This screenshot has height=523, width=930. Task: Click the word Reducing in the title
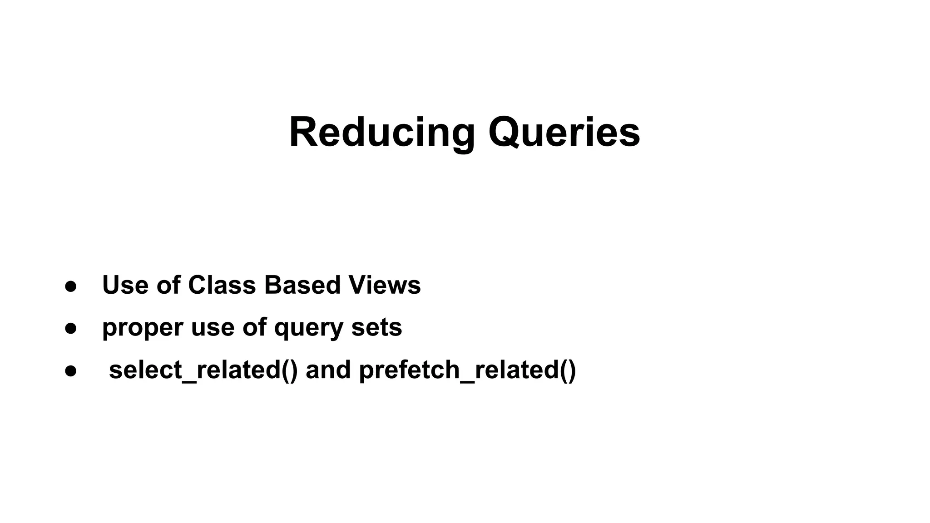[381, 133]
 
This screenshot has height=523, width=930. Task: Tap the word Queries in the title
[564, 133]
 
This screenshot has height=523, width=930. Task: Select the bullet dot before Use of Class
[71, 286]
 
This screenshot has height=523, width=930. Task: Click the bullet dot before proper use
[71, 328]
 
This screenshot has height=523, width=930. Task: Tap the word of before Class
[168, 285]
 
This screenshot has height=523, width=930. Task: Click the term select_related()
[203, 370]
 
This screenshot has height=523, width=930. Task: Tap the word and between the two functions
[328, 370]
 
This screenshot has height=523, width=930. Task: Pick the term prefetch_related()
[467, 370]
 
